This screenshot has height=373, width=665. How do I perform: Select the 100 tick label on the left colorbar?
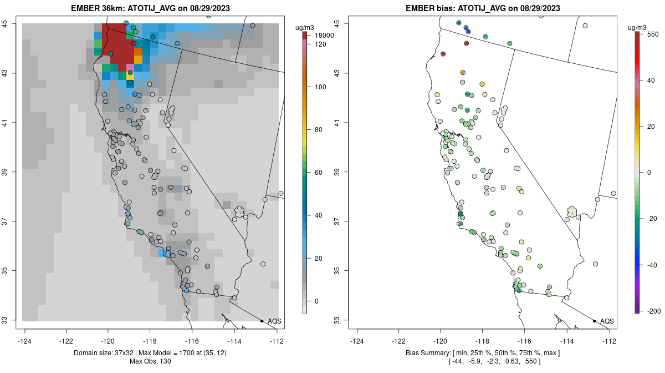[x=320, y=87]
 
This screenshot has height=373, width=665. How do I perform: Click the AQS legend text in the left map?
[x=274, y=321]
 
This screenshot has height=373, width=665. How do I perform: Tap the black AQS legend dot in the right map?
[x=594, y=321]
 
